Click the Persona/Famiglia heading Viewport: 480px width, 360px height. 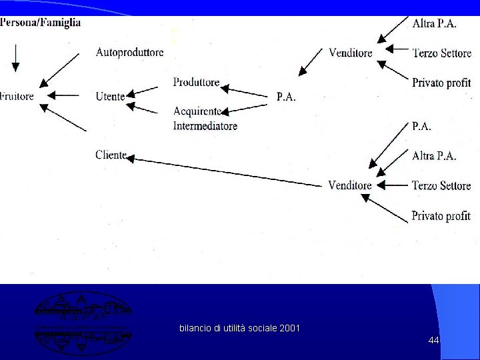pyautogui.click(x=41, y=22)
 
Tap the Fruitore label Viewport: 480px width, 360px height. pyautogui.click(x=17, y=96)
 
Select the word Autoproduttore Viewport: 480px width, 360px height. pyautogui.click(x=129, y=52)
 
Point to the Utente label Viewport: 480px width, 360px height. pyautogui.click(x=110, y=97)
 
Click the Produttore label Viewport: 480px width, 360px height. pyautogui.click(x=196, y=82)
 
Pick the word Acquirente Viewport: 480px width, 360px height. pyautogui.click(x=197, y=111)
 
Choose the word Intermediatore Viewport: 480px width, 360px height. pyautogui.click(x=205, y=125)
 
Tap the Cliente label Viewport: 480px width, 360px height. pyautogui.click(x=111, y=155)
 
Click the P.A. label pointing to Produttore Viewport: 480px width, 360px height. pyautogui.click(x=286, y=97)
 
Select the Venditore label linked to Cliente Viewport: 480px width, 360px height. pyautogui.click(x=350, y=185)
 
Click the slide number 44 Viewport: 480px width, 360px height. pyautogui.click(x=433, y=340)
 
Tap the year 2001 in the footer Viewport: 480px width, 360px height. pyautogui.click(x=290, y=328)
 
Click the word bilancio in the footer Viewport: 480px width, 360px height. pyautogui.click(x=194, y=328)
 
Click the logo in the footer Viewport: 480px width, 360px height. pyautogui.click(x=83, y=323)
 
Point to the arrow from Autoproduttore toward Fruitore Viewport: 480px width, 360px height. pyautogui.click(x=61, y=70)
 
